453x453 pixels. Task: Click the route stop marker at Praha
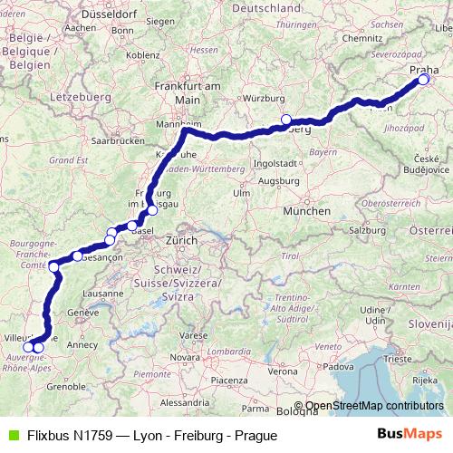(423, 80)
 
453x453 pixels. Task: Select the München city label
(307, 210)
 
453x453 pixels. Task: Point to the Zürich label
(181, 242)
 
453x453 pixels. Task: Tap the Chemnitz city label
(362, 39)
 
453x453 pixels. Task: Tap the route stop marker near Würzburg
(286, 120)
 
